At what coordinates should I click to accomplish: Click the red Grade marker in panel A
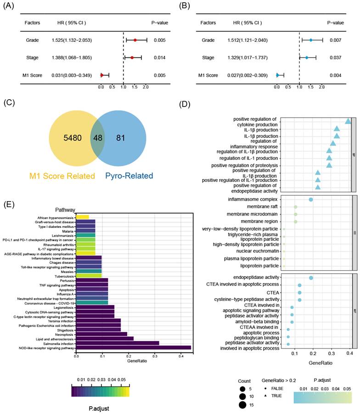tap(135, 40)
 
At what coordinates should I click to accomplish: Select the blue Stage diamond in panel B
tap(307, 58)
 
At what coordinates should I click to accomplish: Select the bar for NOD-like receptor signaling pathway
tap(133, 347)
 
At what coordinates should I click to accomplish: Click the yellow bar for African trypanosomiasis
tap(83, 216)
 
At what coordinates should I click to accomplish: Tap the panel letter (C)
tap(9, 103)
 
